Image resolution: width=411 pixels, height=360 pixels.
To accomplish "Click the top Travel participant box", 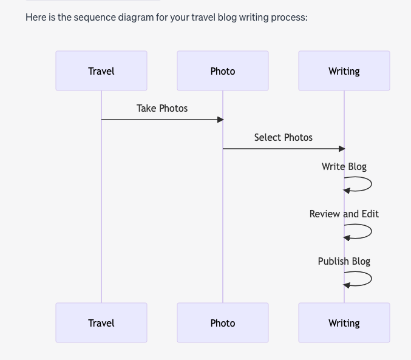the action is pos(101,71).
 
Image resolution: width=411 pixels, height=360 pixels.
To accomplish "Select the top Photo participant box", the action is pos(223,71).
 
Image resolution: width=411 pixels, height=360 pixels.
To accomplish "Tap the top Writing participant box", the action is pos(344,71).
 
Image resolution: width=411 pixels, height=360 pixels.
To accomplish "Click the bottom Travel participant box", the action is pos(101,323).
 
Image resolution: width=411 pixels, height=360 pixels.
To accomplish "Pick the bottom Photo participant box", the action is pos(223,323).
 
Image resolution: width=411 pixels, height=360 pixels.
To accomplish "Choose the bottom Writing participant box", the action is pos(344,323).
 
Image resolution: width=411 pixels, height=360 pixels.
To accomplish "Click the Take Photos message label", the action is pos(162,108).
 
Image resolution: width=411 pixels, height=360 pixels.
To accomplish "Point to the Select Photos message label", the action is pos(284,137).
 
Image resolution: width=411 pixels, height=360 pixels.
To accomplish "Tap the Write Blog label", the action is pos(344,167).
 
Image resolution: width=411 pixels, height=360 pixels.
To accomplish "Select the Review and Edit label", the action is pos(344,214).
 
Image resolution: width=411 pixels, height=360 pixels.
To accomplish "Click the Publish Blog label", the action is pos(344,262).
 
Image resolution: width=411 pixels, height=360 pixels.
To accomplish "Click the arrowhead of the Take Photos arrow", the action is pos(220,120).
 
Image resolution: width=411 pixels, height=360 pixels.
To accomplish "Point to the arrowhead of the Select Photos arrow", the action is pos(342,149).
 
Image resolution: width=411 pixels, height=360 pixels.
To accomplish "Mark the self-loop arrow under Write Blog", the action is pos(372,184).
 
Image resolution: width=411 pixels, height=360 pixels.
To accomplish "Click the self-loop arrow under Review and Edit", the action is pos(372,231).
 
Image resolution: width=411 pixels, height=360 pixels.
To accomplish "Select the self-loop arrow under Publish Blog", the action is pos(372,279).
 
